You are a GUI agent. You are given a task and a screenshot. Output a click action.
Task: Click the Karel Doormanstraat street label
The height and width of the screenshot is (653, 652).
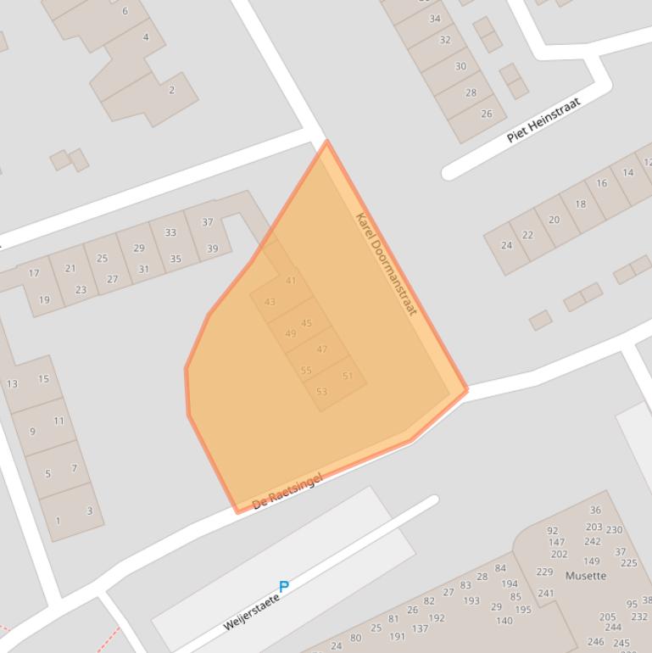387,264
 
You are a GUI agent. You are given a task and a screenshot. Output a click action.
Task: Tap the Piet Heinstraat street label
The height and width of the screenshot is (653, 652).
543,120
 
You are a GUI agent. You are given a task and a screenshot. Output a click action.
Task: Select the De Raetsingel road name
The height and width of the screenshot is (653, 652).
288,493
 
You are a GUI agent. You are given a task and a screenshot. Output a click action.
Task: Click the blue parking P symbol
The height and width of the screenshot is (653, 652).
284,586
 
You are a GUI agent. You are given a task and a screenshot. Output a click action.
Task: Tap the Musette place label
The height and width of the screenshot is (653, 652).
586,576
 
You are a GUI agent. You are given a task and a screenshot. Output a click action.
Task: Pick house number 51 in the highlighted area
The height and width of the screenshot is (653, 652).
348,376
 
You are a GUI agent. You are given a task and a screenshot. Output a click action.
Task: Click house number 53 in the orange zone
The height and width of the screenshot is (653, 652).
321,392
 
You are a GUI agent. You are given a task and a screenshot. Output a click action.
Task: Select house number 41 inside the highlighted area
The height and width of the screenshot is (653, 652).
291,281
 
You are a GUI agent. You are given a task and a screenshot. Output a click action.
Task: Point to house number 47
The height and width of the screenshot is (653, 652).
321,349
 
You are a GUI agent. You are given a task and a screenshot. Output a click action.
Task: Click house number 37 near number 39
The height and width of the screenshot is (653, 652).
208,222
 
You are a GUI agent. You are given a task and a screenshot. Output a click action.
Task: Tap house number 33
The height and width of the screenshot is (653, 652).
170,232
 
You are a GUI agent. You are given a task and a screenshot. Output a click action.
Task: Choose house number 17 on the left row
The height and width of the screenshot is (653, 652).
34,273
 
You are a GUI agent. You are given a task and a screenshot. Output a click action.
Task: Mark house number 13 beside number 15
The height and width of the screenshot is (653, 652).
12,384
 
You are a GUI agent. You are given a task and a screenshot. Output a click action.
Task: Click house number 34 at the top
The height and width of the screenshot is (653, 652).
435,19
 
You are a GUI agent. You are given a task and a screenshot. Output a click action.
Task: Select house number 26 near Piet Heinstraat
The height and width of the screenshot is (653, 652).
487,114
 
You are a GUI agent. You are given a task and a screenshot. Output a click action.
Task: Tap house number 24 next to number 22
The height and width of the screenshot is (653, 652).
506,245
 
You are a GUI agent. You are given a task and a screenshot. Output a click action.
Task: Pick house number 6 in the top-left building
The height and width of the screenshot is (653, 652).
125,11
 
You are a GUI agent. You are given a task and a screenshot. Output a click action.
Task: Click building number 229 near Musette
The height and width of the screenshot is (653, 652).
544,572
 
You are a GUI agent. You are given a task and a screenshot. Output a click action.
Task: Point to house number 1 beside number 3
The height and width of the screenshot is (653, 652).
58,521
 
